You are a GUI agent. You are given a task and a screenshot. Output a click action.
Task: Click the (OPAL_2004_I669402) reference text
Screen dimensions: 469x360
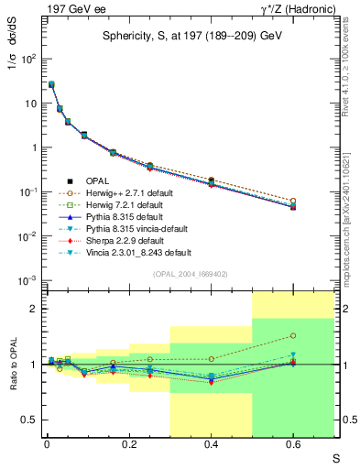click(188, 274)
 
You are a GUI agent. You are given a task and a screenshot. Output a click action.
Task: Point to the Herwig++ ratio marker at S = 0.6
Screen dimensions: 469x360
click(293, 336)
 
